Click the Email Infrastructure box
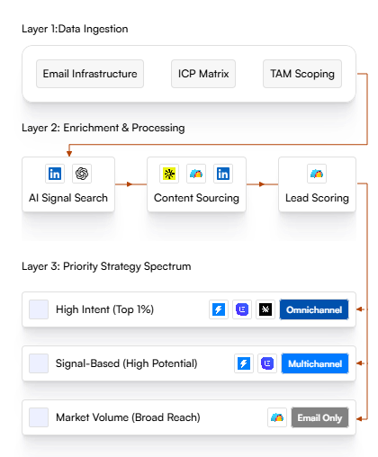click(90, 74)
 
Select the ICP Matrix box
click(203, 74)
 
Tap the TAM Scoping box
click(302, 74)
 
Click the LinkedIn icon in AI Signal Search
click(55, 174)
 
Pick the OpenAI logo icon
click(82, 174)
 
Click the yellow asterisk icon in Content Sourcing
click(169, 174)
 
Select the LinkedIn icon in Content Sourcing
click(223, 174)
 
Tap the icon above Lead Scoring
click(317, 174)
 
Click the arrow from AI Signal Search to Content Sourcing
click(130, 184)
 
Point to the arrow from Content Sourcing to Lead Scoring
click(263, 184)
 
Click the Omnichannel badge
click(314, 309)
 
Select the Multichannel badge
click(315, 363)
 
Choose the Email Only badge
click(319, 417)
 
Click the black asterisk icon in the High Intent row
click(265, 309)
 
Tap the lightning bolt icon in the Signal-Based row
click(244, 363)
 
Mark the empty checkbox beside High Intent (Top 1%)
click(39, 309)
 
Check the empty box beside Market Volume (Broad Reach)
click(39, 417)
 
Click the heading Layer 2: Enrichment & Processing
click(103, 128)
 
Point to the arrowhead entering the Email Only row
click(359, 418)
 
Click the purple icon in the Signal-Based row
click(267, 363)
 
